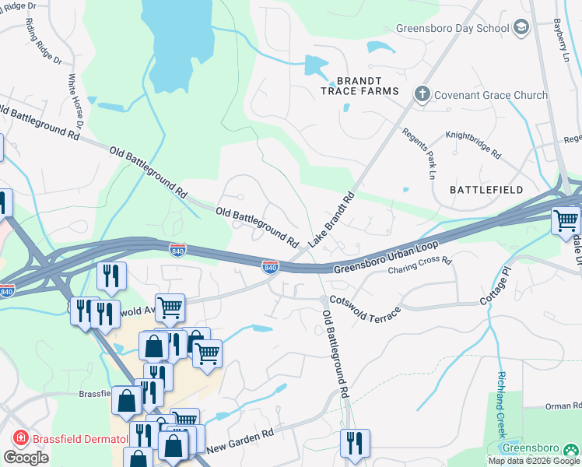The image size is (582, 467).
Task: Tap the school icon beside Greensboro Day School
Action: [x=521, y=28]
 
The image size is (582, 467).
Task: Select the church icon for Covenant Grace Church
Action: [x=422, y=95]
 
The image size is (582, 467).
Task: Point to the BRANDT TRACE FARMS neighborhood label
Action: [x=359, y=86]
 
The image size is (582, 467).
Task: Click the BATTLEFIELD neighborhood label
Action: [x=487, y=189]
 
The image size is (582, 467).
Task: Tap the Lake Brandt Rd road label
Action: [x=331, y=219]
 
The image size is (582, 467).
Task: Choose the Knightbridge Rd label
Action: [x=472, y=144]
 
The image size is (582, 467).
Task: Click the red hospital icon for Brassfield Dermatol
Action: [x=18, y=439]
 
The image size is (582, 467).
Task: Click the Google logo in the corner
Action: [x=26, y=457]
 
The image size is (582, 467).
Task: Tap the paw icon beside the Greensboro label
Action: [x=571, y=448]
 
